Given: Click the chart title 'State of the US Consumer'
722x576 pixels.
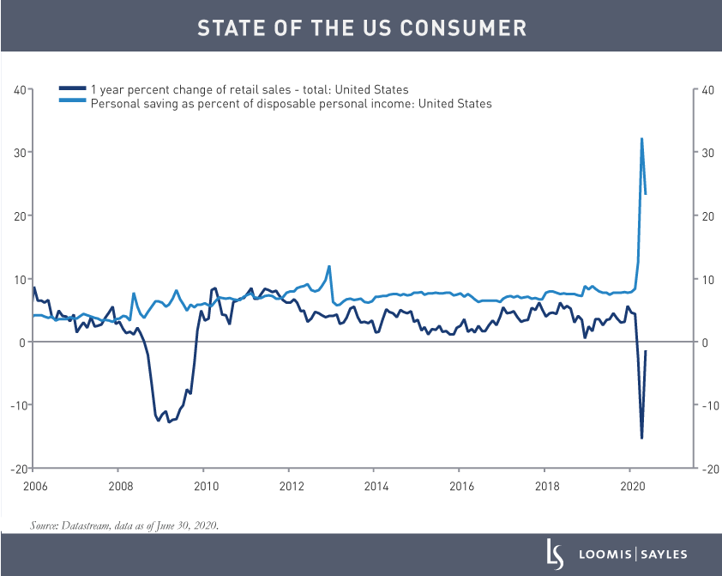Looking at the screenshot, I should (361, 27).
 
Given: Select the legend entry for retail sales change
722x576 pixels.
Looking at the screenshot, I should (249, 89).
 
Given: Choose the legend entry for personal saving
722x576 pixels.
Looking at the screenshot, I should (291, 103).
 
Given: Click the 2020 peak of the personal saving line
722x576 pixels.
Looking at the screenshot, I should (641, 139).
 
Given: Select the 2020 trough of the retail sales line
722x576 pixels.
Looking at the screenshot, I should (641, 438).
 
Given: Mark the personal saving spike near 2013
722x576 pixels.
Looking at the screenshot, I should (329, 266).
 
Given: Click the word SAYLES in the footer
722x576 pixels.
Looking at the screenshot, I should (661, 555).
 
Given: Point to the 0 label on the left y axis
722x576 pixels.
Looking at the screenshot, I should (21, 343).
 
